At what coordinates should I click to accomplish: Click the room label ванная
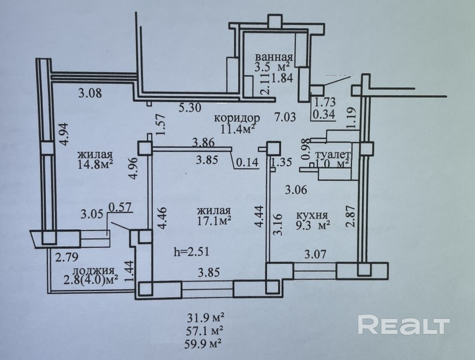[274, 58]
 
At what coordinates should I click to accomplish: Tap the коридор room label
[237, 117]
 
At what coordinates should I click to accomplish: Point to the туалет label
[333, 154]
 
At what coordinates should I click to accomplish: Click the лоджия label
[93, 271]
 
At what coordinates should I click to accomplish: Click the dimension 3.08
[90, 92]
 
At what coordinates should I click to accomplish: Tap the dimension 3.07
[315, 255]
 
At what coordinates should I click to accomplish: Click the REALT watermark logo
[404, 325]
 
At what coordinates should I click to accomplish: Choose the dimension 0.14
[245, 163]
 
